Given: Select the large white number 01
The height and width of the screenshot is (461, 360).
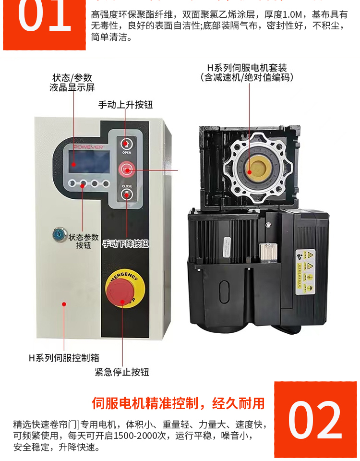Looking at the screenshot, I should (44, 18).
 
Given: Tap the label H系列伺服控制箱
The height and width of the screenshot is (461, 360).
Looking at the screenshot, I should (64, 358).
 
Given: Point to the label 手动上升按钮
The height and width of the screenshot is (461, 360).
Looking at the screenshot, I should (126, 105).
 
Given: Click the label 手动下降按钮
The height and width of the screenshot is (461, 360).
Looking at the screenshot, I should (126, 244).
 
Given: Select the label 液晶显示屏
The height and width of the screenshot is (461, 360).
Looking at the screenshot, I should (72, 88).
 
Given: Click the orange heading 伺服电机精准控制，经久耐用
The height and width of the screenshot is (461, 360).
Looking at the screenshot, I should (178, 403).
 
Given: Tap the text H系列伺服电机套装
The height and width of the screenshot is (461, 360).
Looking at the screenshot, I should (247, 68).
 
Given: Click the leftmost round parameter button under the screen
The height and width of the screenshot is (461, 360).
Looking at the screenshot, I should (72, 183).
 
